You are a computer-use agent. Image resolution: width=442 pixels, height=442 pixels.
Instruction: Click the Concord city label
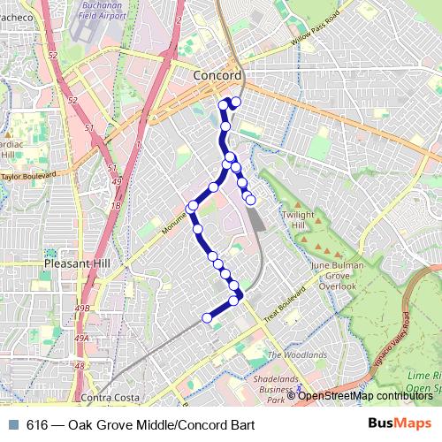(217, 77)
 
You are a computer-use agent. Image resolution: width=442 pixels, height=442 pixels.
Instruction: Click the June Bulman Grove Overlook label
(331, 274)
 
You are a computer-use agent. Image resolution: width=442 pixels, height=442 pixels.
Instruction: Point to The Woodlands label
(297, 354)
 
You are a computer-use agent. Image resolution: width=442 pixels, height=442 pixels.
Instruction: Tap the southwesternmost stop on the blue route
(208, 318)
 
